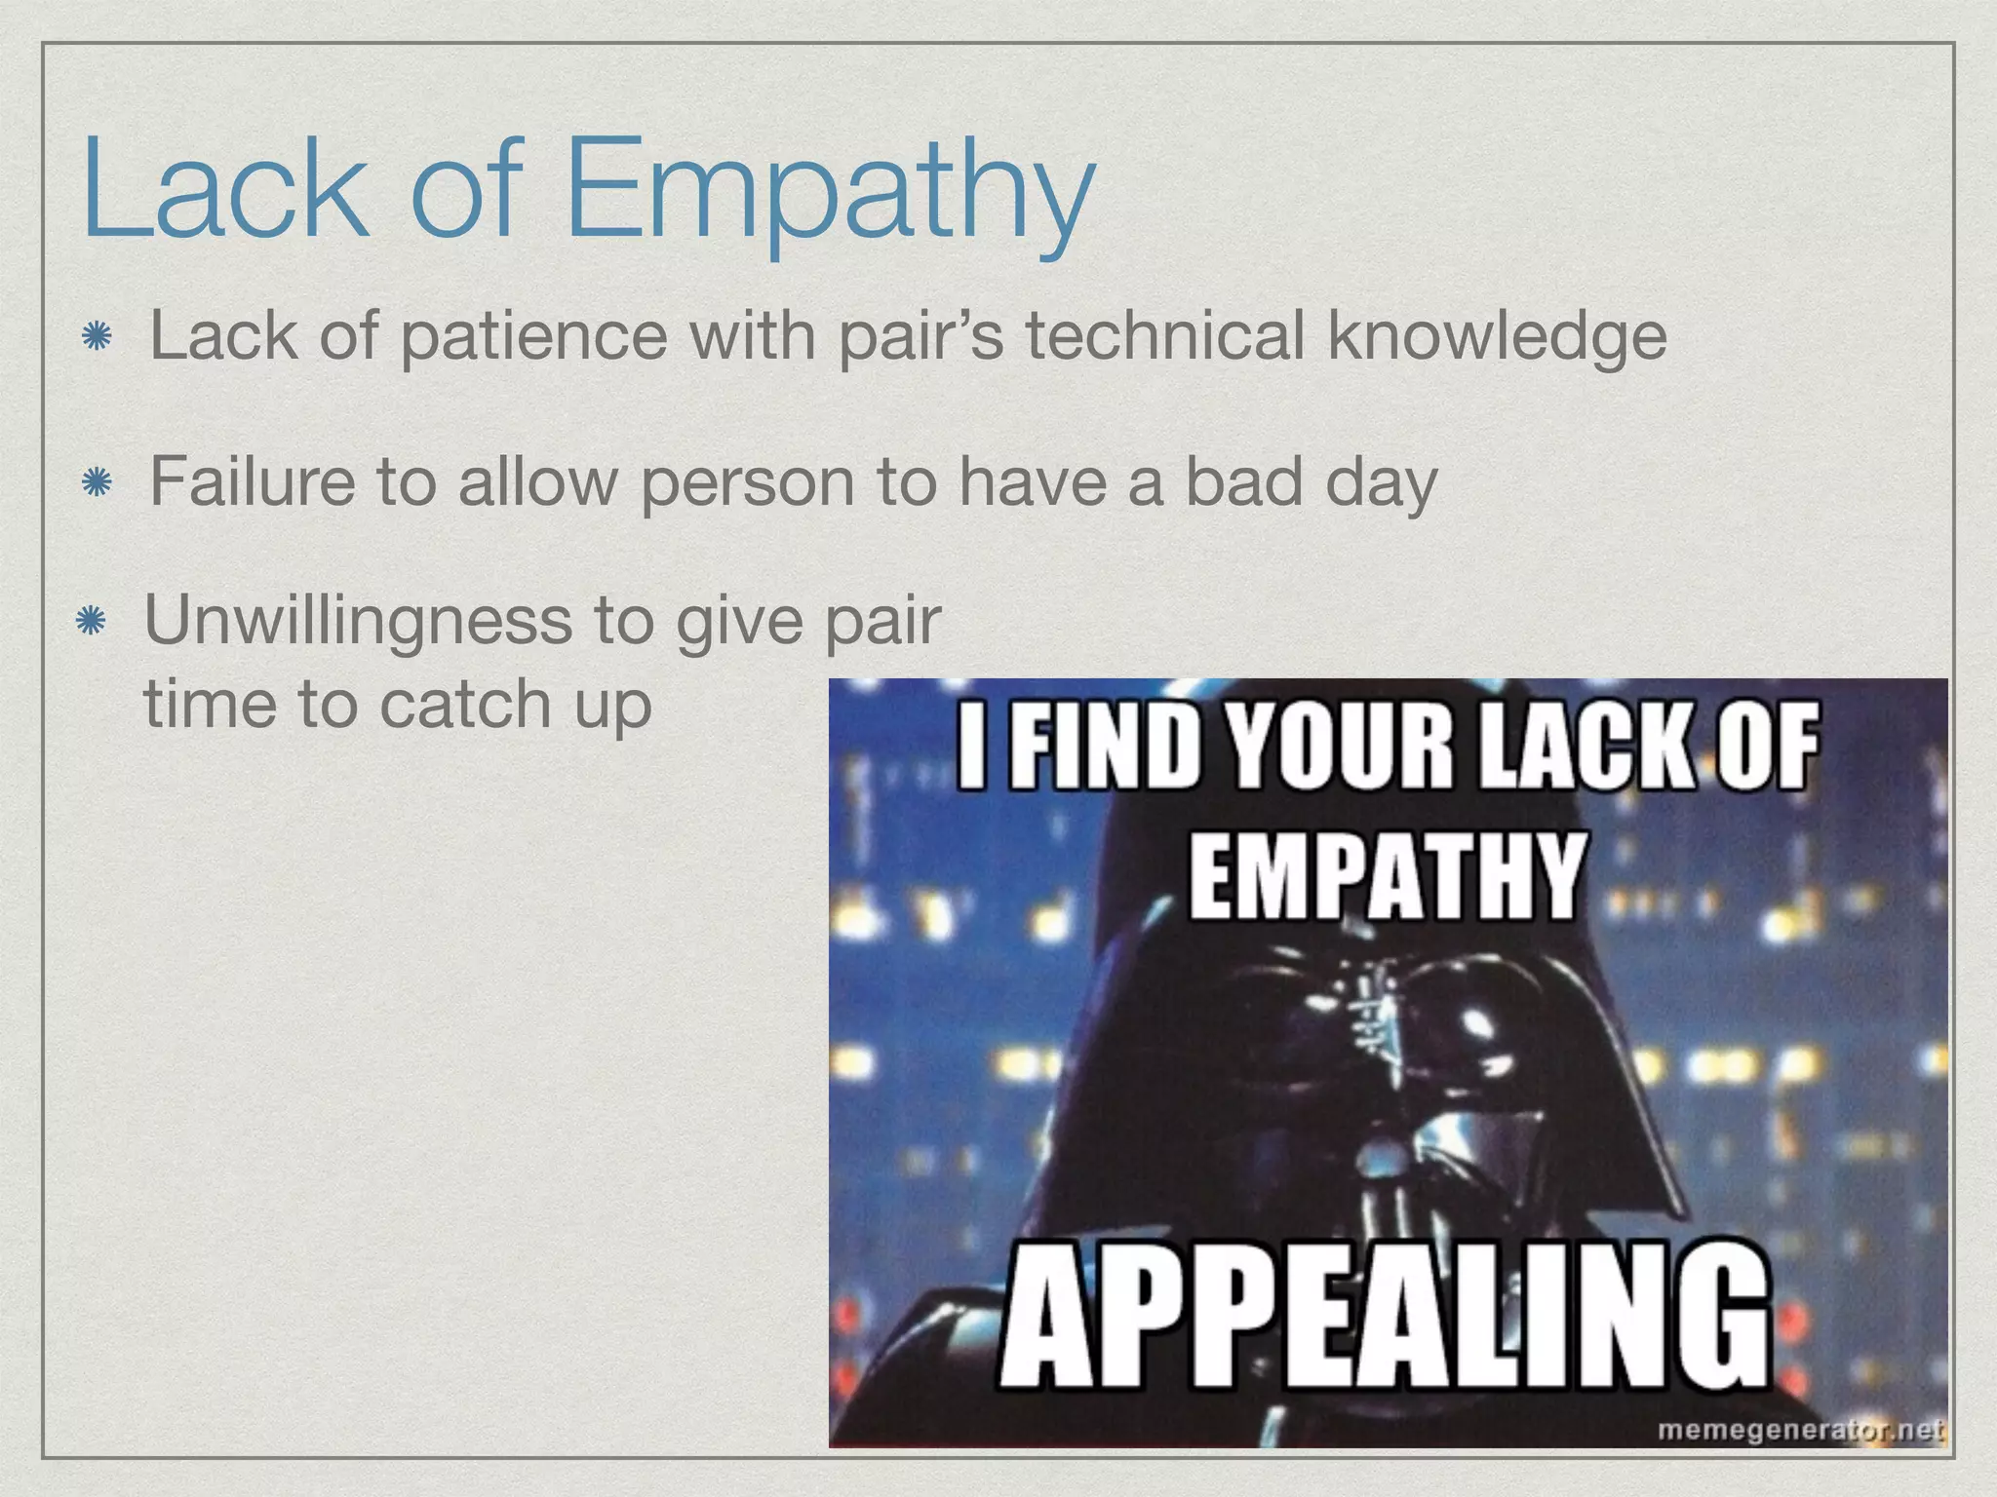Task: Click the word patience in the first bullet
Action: click(x=533, y=336)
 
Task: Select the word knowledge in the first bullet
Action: click(x=1498, y=336)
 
